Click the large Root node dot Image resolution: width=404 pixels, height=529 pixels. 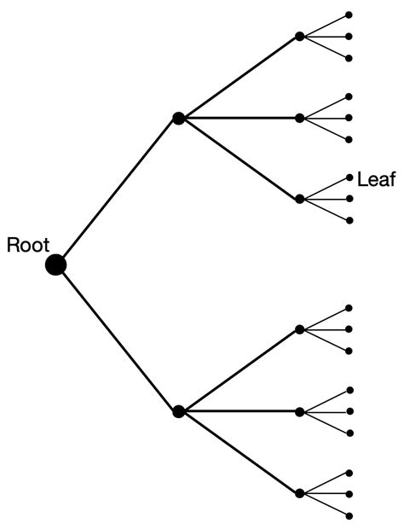(56, 264)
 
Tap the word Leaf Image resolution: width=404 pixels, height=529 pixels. (376, 179)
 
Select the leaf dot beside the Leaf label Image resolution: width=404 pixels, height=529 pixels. (349, 177)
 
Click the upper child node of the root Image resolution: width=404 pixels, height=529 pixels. (178, 119)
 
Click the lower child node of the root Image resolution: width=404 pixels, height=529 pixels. (178, 411)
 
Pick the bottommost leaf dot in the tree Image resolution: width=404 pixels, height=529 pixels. (349, 514)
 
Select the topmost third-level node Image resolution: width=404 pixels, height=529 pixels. (299, 37)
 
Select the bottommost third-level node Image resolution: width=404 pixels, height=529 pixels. (299, 493)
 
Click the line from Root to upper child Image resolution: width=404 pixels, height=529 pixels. (117, 192)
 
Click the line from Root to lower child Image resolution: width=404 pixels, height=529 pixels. (117, 338)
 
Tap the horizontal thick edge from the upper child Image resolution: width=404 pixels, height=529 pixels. (239, 119)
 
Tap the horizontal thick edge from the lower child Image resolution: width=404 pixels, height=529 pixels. (239, 411)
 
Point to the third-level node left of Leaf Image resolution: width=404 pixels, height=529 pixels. (299, 199)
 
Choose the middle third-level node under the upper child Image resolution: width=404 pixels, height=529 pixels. (299, 119)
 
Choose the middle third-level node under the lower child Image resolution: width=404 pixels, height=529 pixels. (299, 411)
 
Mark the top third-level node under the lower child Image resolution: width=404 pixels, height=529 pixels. (299, 329)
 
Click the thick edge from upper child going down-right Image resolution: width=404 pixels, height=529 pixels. (239, 159)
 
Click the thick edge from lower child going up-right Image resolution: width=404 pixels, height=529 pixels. (239, 370)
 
